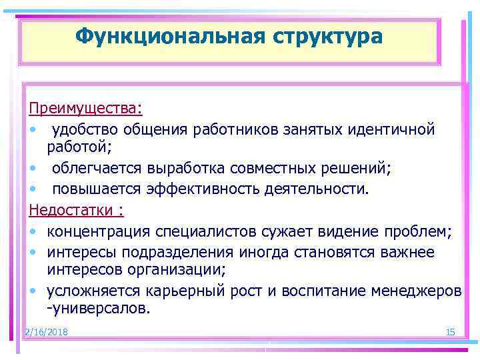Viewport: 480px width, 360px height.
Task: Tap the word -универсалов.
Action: point(99,309)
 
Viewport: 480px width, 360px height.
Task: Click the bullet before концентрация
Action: point(33,231)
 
